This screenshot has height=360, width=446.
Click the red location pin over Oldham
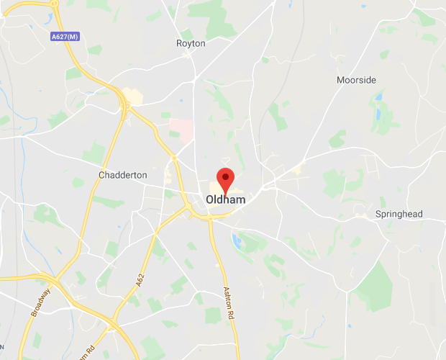(x=226, y=179)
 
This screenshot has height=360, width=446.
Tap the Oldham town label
(x=225, y=199)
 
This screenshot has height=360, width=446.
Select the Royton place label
(x=191, y=43)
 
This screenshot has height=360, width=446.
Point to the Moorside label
(x=356, y=80)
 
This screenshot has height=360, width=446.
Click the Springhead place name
(x=399, y=215)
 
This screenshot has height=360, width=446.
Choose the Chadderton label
(x=122, y=175)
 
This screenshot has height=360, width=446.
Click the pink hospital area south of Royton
(x=181, y=130)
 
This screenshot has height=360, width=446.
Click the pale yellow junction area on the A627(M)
(x=131, y=96)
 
